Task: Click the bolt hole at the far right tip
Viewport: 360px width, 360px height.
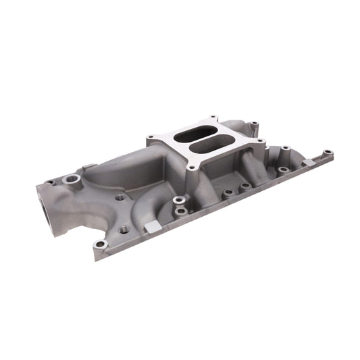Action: point(328,153)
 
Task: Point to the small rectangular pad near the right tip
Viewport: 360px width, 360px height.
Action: point(307,162)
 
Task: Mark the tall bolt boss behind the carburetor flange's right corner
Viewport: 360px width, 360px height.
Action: point(255,125)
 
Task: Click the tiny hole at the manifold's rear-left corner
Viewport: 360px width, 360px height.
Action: point(49,182)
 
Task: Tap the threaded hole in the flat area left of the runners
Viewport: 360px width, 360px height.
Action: point(120,198)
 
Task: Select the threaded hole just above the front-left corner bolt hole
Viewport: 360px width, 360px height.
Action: point(124,229)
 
